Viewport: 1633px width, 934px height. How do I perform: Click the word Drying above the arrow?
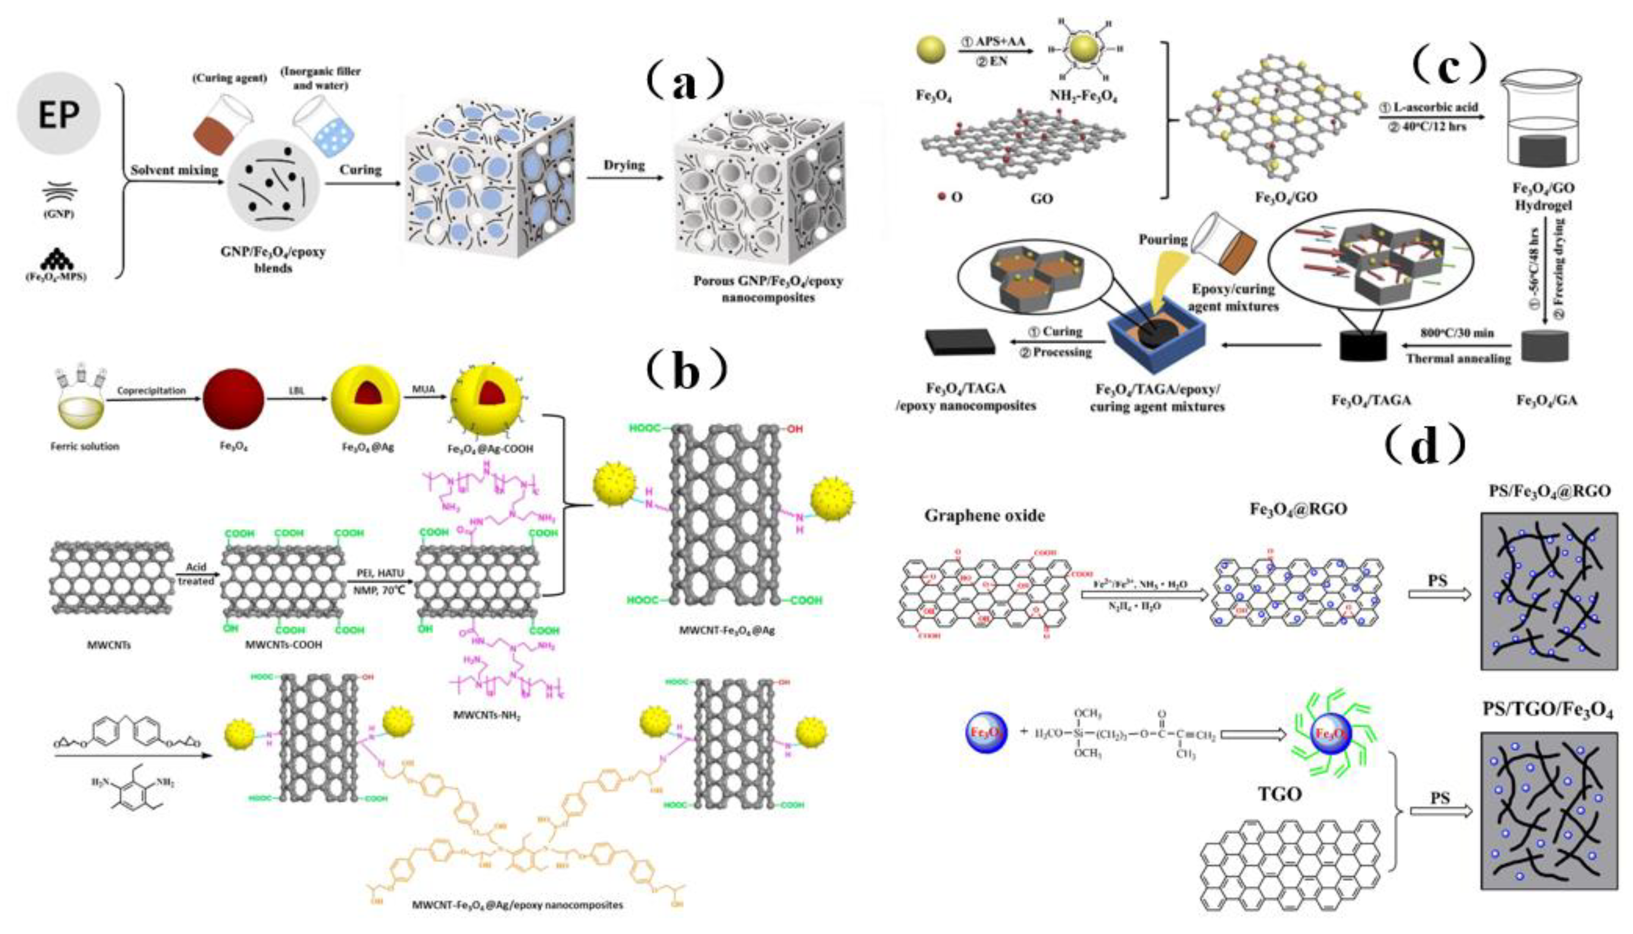623,165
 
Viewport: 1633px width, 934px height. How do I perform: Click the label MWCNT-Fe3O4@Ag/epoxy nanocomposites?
517,905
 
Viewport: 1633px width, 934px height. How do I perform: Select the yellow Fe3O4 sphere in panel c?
931,50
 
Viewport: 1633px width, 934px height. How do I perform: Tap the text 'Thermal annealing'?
1458,358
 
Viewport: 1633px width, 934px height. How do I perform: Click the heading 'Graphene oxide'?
984,515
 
